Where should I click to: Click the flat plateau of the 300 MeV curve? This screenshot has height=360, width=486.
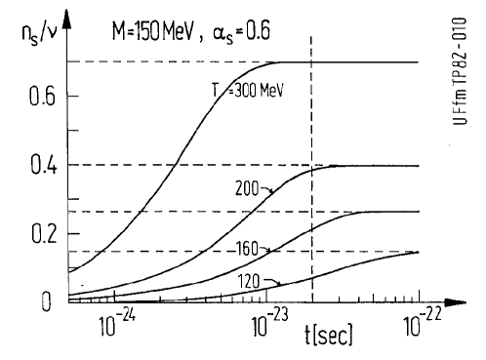click(351, 62)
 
